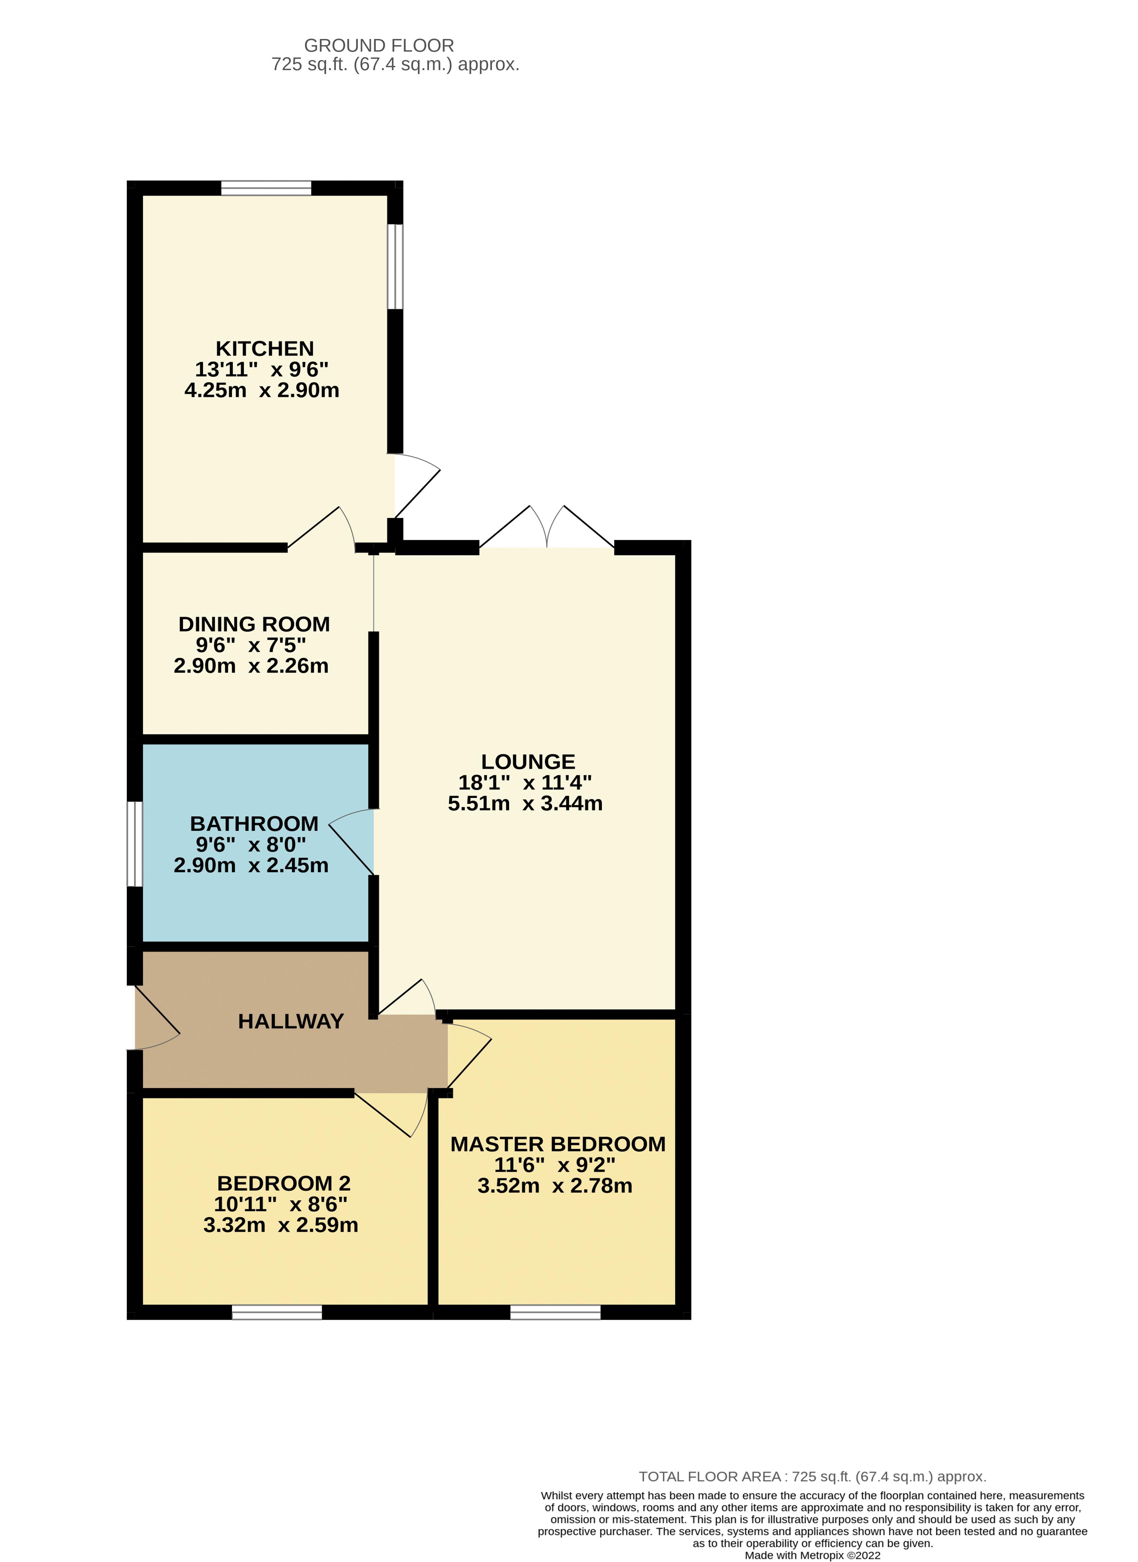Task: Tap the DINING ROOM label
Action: pos(254,624)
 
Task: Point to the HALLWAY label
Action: pos(291,1021)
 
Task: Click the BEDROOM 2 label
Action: pos(284,1183)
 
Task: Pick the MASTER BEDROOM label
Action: pos(558,1144)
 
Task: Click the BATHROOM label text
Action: pos(254,824)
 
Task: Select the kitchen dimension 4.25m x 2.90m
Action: pos(262,391)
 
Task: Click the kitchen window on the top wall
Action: pos(266,188)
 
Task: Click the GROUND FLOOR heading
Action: pos(379,45)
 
